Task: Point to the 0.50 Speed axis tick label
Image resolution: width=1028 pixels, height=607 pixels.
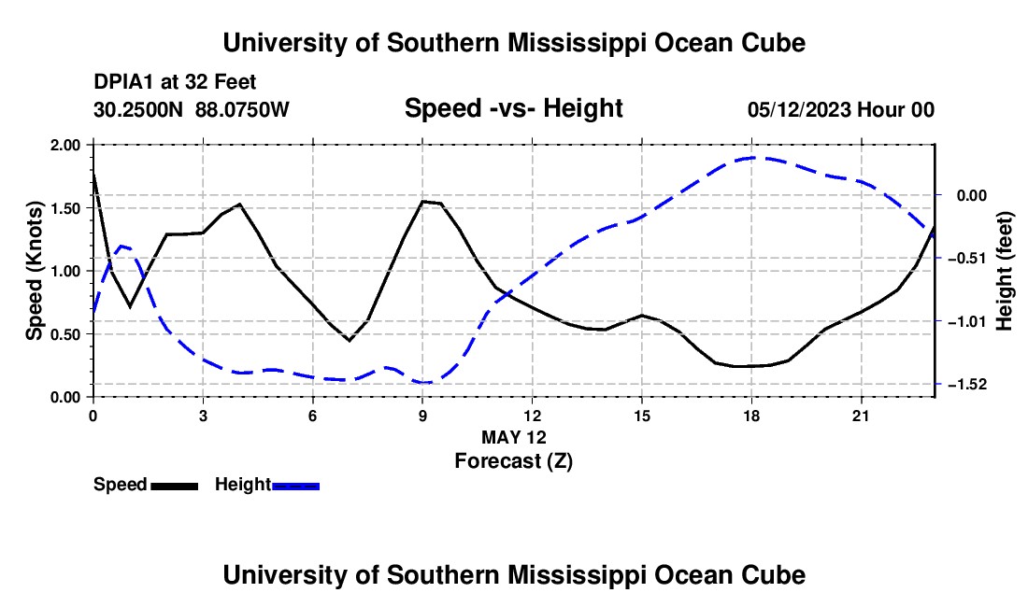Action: tap(64, 334)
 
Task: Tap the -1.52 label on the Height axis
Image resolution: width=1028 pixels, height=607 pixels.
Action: tap(966, 385)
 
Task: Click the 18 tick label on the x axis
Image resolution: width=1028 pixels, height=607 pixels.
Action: tap(751, 416)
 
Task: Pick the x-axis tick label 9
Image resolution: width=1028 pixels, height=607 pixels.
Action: tap(422, 416)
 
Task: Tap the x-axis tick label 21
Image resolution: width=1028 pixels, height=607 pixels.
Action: tap(861, 416)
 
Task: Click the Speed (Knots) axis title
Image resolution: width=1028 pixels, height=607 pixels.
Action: tap(34, 271)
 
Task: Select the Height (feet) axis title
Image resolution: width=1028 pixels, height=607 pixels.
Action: tap(1004, 271)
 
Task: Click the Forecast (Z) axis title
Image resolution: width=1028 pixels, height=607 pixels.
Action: tap(513, 461)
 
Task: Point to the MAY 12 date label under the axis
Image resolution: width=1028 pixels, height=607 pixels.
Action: tap(513, 437)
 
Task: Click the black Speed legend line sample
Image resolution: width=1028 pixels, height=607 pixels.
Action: tap(175, 486)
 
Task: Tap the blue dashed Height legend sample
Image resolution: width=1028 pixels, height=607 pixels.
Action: tap(295, 486)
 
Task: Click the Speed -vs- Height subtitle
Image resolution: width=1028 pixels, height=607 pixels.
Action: tap(513, 108)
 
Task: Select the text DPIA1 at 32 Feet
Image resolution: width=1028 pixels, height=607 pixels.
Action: tap(175, 82)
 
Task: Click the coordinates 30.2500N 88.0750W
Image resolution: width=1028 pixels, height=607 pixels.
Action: tap(191, 109)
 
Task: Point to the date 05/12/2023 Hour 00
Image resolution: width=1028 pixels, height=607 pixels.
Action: tap(841, 109)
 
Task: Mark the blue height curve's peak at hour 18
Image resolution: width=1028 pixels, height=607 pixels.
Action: tap(752, 158)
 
